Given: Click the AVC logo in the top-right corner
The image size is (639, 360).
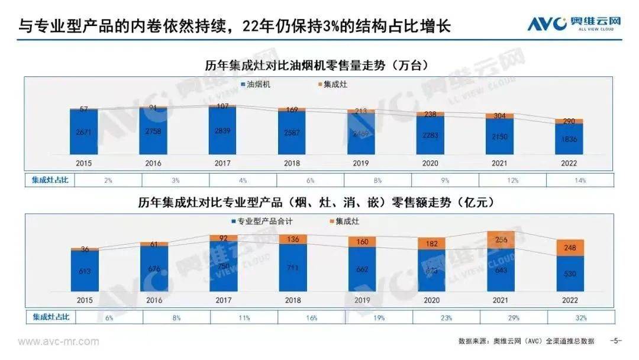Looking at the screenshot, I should (x=575, y=24).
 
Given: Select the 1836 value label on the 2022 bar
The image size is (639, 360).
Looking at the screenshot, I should (x=569, y=140).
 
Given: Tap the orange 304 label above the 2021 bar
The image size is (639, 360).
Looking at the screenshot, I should (x=499, y=115).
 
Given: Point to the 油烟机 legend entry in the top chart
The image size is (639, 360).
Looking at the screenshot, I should (x=259, y=85).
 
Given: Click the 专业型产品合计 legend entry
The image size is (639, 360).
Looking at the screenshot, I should (x=263, y=221).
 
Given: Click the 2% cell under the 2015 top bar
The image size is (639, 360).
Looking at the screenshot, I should (x=108, y=179).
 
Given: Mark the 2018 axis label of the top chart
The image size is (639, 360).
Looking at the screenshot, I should (x=292, y=163).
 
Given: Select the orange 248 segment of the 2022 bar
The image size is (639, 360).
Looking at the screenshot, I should (x=569, y=247).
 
